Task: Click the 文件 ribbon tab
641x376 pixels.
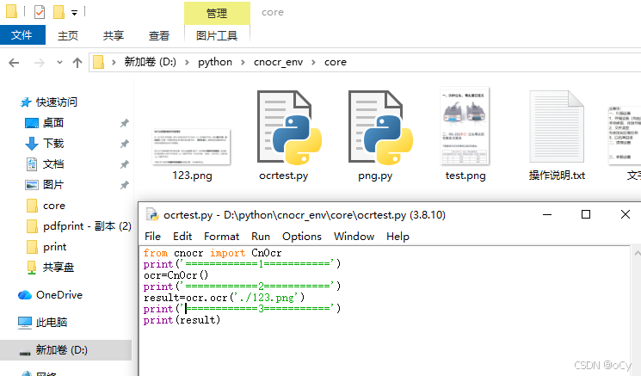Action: coord(22,35)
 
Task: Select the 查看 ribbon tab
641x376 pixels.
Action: coord(159,35)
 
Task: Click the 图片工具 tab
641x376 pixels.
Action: coord(217,35)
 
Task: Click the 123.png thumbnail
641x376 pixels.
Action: coord(192,148)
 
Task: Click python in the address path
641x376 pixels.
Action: coord(215,62)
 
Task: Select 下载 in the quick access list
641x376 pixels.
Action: coord(53,144)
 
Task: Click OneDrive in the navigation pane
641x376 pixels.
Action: coord(59,295)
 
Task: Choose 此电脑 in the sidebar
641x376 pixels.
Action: coord(51,323)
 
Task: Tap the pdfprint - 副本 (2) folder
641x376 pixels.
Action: coord(86,226)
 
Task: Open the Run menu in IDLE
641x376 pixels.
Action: coord(261,236)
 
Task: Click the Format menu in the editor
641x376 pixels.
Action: coord(222,236)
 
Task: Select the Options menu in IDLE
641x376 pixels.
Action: coord(301,236)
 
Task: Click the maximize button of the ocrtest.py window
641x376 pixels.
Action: coord(586,214)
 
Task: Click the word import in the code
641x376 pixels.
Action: coord(227,253)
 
